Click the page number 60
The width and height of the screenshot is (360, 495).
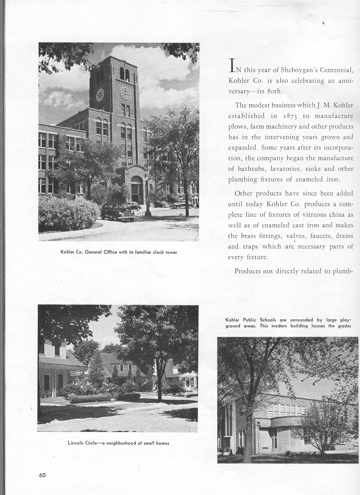(x=42, y=476)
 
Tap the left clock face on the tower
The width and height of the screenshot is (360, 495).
(x=100, y=94)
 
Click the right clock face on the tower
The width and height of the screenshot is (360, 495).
(x=125, y=93)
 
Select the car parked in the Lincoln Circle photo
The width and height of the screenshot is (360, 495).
(x=173, y=389)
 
